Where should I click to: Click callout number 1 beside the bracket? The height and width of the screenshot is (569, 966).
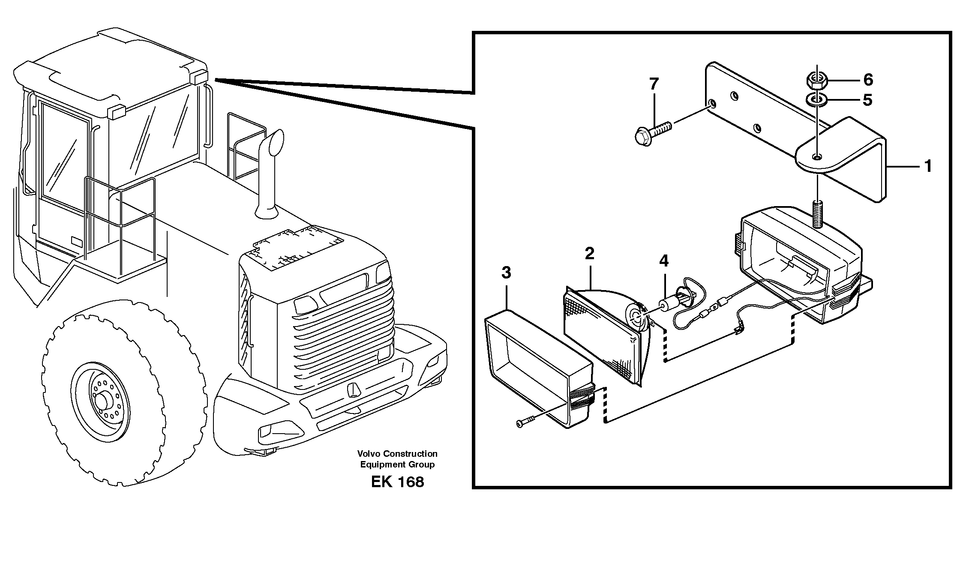928,166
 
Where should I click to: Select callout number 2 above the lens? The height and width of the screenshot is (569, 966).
590,254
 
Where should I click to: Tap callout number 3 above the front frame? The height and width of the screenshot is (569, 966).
506,273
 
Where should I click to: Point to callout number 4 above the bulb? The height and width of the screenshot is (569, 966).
663,261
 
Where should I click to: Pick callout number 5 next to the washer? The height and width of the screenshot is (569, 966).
867,100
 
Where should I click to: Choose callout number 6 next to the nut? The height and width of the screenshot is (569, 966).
868,80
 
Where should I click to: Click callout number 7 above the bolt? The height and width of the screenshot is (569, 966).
654,84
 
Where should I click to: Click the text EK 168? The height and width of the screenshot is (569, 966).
397,482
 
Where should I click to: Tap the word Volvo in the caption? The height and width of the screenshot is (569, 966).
369,454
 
